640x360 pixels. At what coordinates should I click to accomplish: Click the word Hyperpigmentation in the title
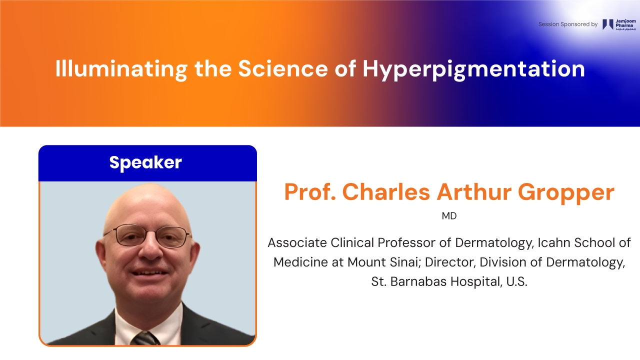(473, 69)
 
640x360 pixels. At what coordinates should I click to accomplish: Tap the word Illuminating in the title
(121, 69)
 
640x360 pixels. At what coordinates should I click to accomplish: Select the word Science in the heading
(283, 68)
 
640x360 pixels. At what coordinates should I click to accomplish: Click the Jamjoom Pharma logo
(619, 24)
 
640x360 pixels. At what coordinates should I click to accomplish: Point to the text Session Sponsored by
(568, 24)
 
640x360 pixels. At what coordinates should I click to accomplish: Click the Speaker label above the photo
(145, 162)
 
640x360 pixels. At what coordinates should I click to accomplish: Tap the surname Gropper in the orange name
(566, 193)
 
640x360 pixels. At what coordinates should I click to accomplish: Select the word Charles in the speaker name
(386, 191)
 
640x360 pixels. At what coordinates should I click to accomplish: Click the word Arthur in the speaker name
(474, 191)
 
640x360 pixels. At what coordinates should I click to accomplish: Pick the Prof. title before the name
(310, 191)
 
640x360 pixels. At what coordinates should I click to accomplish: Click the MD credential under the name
(449, 216)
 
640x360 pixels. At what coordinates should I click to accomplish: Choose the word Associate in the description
(297, 243)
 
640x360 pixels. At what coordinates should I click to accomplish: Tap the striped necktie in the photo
(145, 338)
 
